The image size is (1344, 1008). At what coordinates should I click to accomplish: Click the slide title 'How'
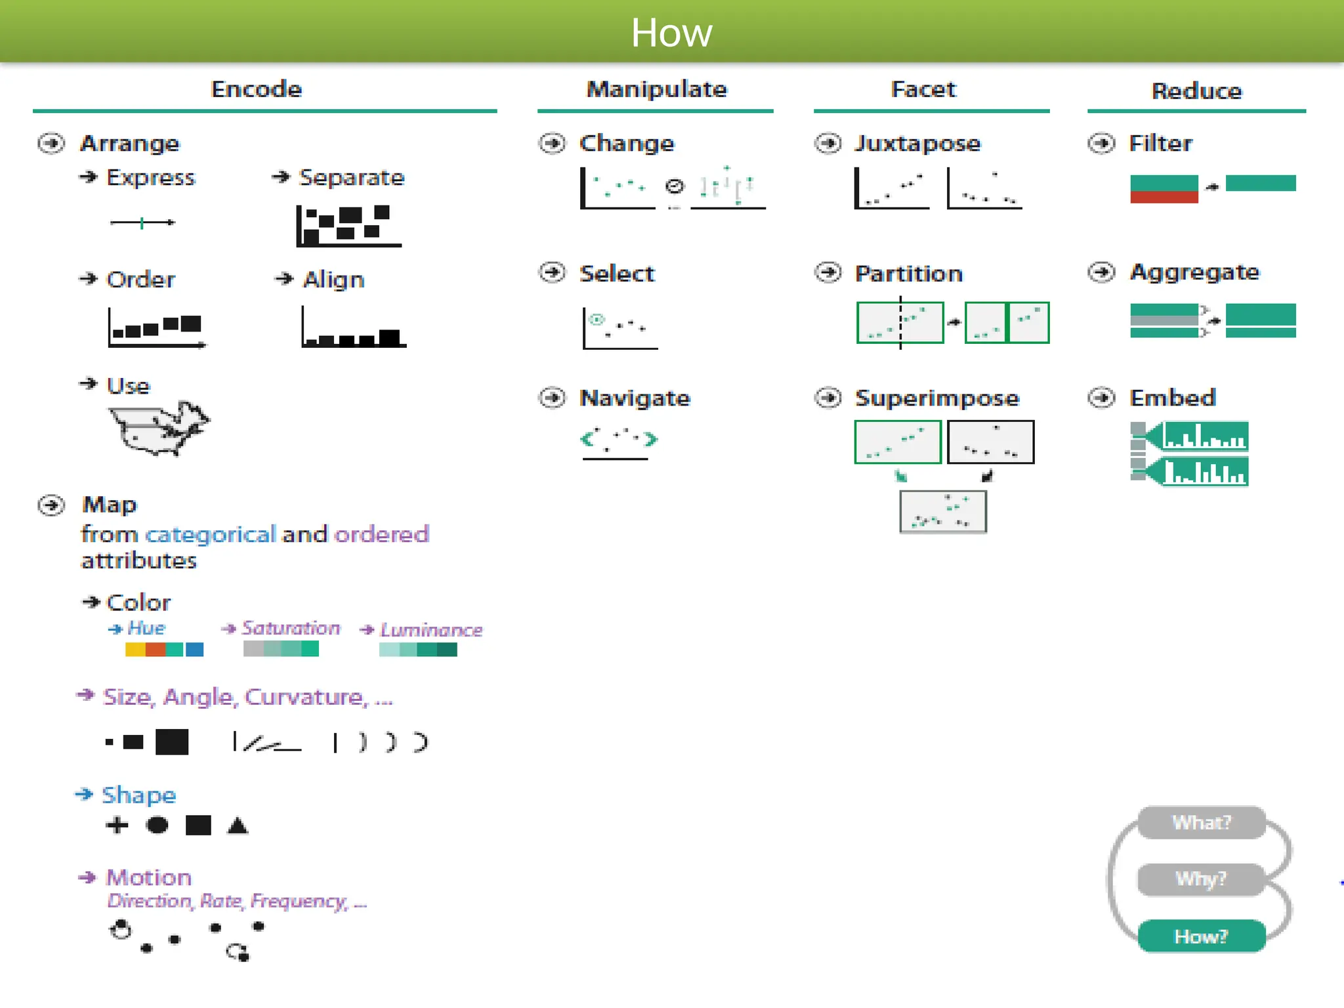[671, 32]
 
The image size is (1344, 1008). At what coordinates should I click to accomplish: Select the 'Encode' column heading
[256, 89]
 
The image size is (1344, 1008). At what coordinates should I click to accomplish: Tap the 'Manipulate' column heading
[656, 89]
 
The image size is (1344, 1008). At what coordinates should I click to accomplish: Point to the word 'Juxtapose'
[917, 143]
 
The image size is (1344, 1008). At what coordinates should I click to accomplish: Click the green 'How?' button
[1200, 936]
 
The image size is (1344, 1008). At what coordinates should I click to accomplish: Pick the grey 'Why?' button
[1200, 879]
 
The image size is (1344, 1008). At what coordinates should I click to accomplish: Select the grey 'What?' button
[1201, 822]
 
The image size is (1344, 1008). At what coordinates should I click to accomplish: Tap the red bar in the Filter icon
[1164, 196]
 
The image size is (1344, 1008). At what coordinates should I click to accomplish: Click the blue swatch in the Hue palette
[194, 650]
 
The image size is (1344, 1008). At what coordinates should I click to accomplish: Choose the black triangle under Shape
[238, 826]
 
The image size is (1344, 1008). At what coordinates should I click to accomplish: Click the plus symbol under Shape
[117, 825]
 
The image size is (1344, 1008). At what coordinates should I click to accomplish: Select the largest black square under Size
[172, 742]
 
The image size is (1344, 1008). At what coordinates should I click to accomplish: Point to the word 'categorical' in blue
[210, 534]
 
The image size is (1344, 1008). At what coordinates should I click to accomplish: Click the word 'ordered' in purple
[381, 534]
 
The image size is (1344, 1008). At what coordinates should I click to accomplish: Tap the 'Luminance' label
[430, 630]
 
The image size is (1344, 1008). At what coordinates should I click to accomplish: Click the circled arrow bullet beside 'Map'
[51, 505]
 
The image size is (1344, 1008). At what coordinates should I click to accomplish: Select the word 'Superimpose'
[936, 398]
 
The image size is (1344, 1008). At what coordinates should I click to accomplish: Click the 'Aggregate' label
[1194, 272]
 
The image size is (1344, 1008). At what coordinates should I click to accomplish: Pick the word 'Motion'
[149, 877]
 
